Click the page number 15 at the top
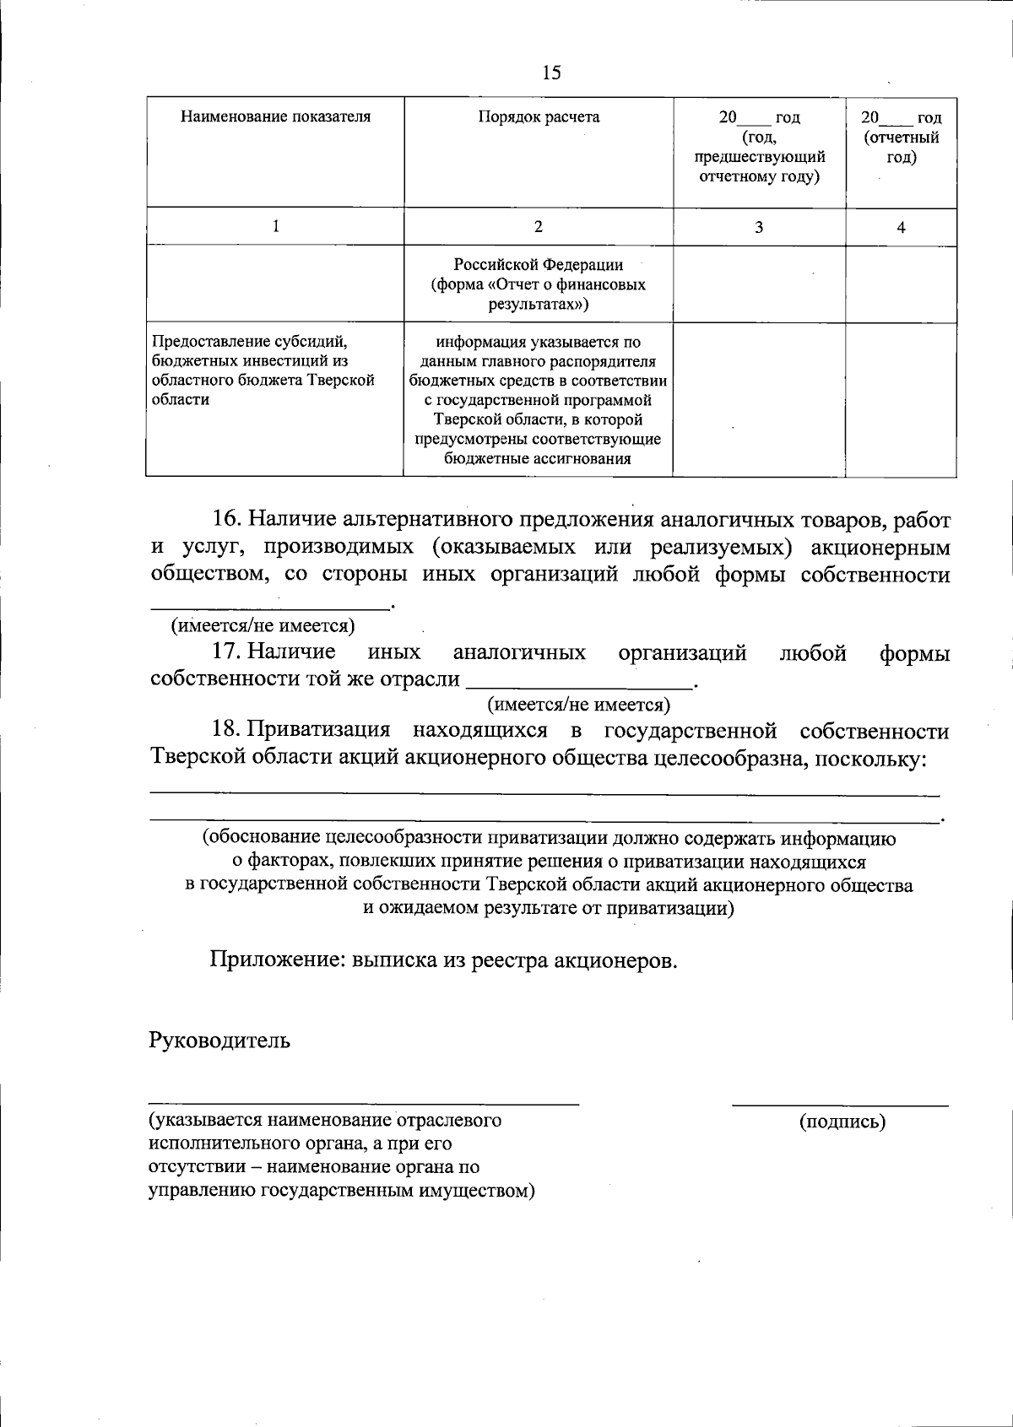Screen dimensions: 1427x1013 tap(551, 73)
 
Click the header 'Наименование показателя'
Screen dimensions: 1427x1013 tap(275, 116)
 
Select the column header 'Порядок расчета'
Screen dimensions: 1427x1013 tap(539, 116)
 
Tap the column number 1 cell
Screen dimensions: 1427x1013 tap(275, 226)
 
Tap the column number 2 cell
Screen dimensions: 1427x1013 tap(539, 226)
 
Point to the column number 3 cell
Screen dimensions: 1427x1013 tap(759, 226)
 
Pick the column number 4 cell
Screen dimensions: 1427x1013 tap(901, 226)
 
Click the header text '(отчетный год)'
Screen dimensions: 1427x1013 tap(901, 147)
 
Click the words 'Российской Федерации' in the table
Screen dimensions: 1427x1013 tap(539, 264)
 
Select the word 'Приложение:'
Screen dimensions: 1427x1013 tap(278, 960)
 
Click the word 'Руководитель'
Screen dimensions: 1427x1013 tap(219, 1040)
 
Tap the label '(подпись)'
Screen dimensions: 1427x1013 tap(842, 1122)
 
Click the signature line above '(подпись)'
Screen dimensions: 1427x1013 tap(839, 1103)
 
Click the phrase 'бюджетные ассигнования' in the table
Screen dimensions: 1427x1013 tap(538, 459)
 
